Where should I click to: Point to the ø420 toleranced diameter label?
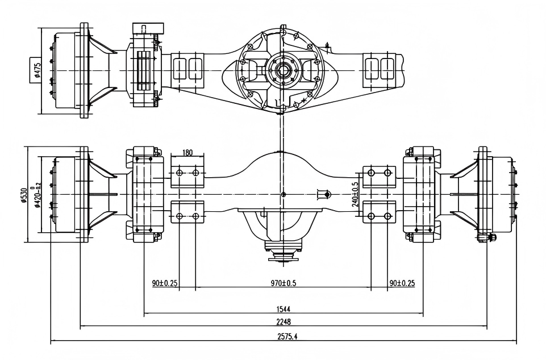point(37,195)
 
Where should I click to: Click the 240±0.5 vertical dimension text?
point(355,194)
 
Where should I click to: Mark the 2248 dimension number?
point(284,322)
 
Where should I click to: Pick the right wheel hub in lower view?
point(500,194)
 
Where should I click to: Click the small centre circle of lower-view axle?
point(283,195)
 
